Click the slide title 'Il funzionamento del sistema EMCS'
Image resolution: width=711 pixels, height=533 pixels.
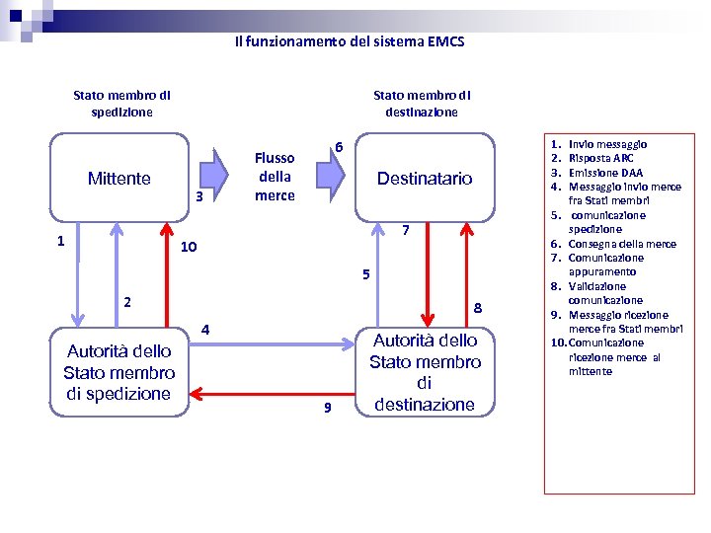point(350,42)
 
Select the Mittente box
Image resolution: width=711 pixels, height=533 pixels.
point(118,179)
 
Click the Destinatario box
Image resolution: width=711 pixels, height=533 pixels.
point(425,179)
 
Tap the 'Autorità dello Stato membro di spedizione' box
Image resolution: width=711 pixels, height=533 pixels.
point(118,372)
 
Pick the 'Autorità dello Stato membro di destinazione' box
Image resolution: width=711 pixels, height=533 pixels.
point(425,371)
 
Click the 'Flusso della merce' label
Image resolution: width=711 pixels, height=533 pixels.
point(275,177)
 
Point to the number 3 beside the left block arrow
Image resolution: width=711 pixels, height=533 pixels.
point(198,196)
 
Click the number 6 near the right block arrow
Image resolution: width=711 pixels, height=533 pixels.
point(338,147)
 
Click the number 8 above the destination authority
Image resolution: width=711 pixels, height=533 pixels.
point(477,308)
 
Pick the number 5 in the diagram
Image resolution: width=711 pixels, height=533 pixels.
point(364,274)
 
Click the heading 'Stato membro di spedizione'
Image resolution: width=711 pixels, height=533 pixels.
point(121,104)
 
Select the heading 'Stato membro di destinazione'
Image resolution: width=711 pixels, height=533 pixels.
point(422,104)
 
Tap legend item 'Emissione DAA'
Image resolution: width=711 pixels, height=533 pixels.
point(605,173)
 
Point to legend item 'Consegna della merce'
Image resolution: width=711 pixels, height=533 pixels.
point(622,244)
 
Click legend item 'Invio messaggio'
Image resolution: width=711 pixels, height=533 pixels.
point(607,144)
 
